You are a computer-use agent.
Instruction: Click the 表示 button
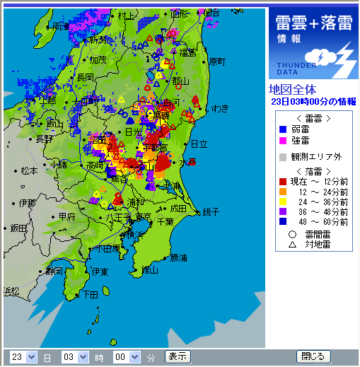[178, 356]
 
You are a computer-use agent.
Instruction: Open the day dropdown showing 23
[23, 357]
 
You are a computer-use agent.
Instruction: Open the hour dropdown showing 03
[74, 357]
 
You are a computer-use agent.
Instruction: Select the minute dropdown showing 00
[125, 357]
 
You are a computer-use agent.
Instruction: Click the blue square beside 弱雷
[283, 129]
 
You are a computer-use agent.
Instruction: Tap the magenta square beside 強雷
[283, 141]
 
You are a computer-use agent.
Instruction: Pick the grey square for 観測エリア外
[283, 156]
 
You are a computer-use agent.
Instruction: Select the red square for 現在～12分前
[283, 182]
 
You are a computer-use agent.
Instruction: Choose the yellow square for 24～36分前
[283, 201]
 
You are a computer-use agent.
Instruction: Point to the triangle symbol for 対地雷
[291, 244]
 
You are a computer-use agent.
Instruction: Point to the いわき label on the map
[219, 108]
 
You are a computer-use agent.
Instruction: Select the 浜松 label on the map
[12, 291]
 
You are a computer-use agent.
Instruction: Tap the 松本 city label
[29, 170]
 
